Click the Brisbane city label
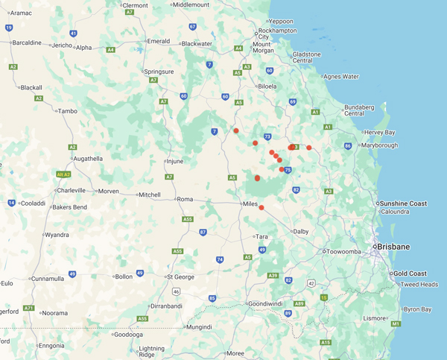393,247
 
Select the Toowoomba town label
343,251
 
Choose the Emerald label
158,41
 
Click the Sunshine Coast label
402,203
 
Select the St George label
181,277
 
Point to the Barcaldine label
28,42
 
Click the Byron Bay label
417,309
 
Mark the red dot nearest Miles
261,208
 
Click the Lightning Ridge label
151,352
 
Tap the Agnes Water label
341,76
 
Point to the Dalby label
300,232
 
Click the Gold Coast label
410,274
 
